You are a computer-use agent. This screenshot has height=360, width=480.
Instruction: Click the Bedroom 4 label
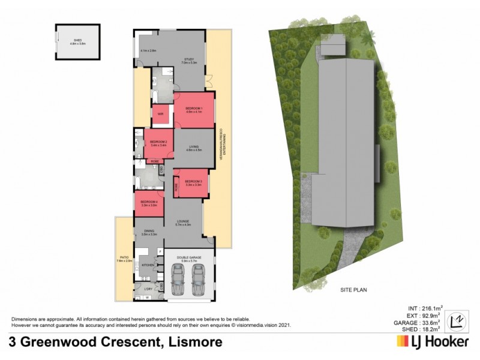click(149, 203)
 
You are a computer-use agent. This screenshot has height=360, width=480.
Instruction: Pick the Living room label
click(193, 147)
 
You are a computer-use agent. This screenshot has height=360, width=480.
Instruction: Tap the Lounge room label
click(182, 223)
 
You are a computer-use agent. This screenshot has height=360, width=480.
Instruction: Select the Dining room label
click(148, 233)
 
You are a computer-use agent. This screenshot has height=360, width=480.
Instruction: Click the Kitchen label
click(148, 265)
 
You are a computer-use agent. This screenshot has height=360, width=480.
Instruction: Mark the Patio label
click(124, 260)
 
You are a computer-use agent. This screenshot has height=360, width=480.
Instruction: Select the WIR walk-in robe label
click(160, 113)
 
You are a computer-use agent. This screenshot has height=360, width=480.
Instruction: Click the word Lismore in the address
click(195, 342)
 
